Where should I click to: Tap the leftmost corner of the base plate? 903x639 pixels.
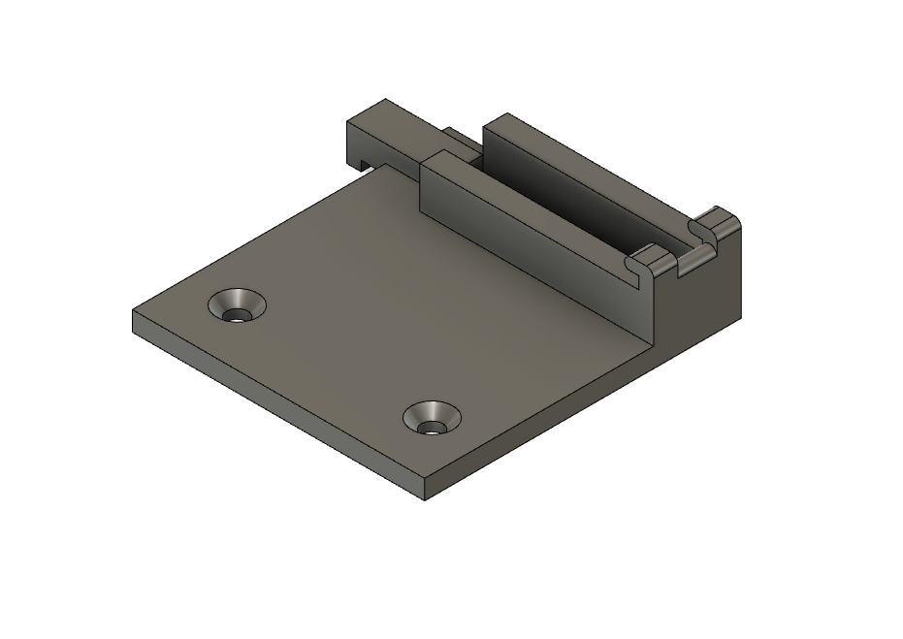[x=134, y=312]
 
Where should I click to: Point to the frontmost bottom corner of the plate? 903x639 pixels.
[x=425, y=500]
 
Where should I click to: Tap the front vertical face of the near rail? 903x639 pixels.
[x=524, y=242]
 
